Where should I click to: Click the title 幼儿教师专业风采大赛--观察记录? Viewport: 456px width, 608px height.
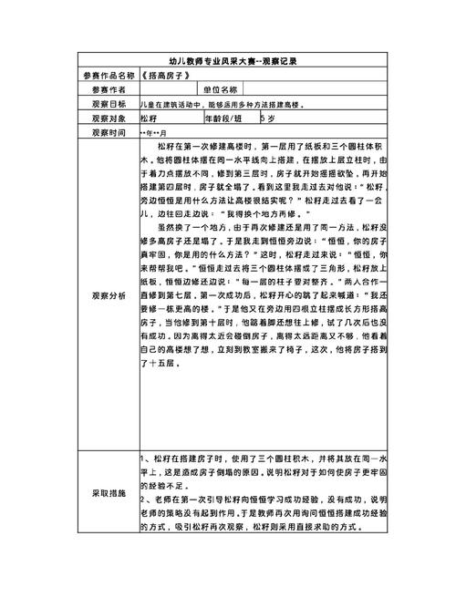tap(227, 61)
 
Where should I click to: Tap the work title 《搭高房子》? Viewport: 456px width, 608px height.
tap(169, 76)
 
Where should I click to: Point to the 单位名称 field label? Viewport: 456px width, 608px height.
tap(221, 90)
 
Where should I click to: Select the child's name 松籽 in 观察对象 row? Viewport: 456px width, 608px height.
tap(149, 119)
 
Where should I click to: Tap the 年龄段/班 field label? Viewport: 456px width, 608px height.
tap(224, 119)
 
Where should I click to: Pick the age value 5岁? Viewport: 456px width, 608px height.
tap(267, 119)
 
